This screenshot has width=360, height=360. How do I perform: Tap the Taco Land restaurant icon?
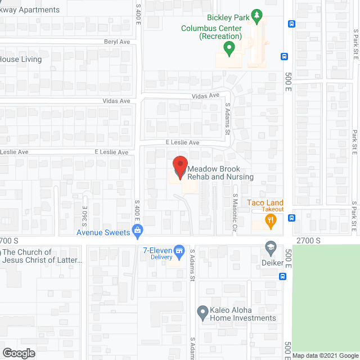point(271,222)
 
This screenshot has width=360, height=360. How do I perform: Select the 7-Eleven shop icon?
point(179,250)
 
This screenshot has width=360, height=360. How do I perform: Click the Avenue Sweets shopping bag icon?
point(137,230)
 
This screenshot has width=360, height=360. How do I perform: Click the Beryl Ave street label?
point(116,42)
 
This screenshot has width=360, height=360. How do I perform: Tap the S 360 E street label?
point(85,209)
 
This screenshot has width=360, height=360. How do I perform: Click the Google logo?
point(18,353)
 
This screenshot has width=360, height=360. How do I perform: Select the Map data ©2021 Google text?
point(325,355)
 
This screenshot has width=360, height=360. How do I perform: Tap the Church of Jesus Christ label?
point(43,256)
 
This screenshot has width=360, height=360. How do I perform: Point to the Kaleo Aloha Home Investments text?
point(243,314)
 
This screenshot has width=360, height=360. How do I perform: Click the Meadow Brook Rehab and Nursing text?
point(220,173)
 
